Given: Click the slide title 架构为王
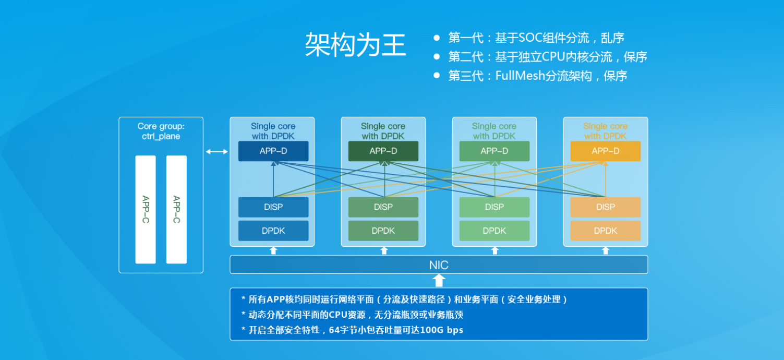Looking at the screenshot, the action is click(x=355, y=44).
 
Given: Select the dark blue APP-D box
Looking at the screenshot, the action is click(x=273, y=151).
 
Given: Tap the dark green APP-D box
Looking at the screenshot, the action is click(x=383, y=151).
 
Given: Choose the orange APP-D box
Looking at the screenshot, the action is click(x=606, y=151).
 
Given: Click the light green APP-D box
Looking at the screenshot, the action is click(x=494, y=151).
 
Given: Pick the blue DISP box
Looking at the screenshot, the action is click(x=273, y=207).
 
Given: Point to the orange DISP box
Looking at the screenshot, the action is click(x=606, y=207).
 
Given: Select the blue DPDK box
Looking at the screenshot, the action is click(x=273, y=231).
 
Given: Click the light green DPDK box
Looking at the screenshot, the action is click(x=494, y=231).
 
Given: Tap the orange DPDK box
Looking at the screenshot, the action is click(x=606, y=231).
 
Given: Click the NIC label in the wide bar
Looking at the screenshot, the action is click(x=439, y=265).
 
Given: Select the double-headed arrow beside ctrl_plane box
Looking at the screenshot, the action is click(x=216, y=152).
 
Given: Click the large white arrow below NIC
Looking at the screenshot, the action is click(x=439, y=281).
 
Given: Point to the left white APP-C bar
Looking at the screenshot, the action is click(x=146, y=209).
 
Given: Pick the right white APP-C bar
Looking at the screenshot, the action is click(x=176, y=209).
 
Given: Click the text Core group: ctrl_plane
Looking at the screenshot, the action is click(x=161, y=131).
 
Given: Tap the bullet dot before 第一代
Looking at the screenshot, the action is click(x=437, y=38).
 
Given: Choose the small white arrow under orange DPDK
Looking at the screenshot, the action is click(x=606, y=250).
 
